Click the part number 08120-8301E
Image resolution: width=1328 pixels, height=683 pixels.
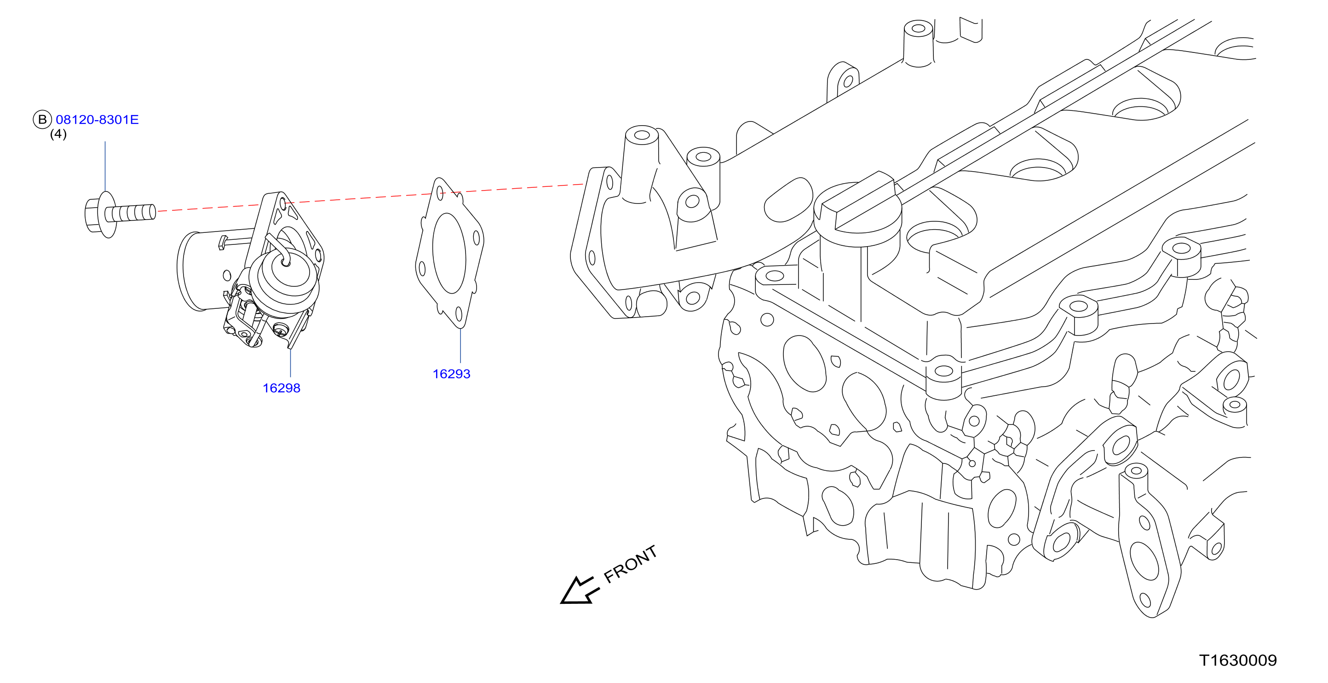(97, 120)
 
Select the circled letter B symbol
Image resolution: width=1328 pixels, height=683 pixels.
(42, 120)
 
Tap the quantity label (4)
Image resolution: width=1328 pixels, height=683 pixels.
(58, 134)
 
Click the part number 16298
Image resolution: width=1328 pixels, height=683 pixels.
(282, 388)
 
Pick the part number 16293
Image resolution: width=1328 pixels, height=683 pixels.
(452, 374)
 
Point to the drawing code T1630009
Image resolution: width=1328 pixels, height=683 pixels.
(1238, 660)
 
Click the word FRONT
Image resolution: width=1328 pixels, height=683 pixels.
(630, 564)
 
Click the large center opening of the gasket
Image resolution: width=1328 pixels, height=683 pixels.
(449, 253)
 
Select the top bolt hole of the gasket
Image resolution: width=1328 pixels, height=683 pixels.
(440, 193)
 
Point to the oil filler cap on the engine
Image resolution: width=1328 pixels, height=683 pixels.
(858, 209)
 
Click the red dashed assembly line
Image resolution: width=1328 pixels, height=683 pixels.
(370, 197)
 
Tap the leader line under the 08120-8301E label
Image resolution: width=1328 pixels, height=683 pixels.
(105, 167)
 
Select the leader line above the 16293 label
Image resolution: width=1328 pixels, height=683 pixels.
(460, 346)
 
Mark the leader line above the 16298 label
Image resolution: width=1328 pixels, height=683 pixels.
(291, 363)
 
